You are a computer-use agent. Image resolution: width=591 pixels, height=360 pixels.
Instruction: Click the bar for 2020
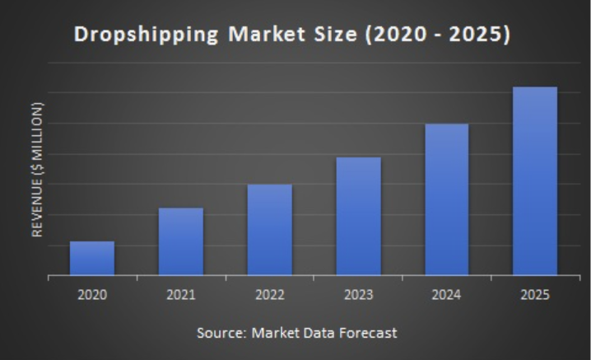(x=92, y=258)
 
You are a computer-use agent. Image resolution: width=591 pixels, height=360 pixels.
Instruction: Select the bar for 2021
(x=180, y=241)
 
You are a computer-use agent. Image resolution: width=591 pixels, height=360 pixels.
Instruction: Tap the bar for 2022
(x=269, y=229)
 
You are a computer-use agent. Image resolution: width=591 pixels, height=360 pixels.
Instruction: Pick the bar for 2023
(x=358, y=216)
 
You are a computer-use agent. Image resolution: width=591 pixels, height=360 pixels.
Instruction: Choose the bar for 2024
(x=447, y=199)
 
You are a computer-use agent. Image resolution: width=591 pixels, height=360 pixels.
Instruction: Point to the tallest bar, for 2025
(x=535, y=180)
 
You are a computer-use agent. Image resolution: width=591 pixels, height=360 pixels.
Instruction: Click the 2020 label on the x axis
(x=92, y=295)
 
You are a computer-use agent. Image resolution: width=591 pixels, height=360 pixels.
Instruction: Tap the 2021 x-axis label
(x=180, y=295)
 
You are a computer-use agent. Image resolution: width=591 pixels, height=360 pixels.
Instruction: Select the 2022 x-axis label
(x=269, y=295)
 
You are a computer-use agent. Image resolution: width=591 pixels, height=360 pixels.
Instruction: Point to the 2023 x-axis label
(x=358, y=295)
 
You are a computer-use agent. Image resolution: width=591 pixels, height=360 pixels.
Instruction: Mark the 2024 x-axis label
(x=447, y=295)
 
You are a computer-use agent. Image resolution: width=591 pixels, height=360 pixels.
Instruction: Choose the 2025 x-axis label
(x=535, y=295)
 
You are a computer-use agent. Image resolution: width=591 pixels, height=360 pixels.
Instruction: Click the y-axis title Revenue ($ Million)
(x=37, y=170)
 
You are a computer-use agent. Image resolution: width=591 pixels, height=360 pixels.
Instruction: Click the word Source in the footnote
(x=221, y=333)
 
